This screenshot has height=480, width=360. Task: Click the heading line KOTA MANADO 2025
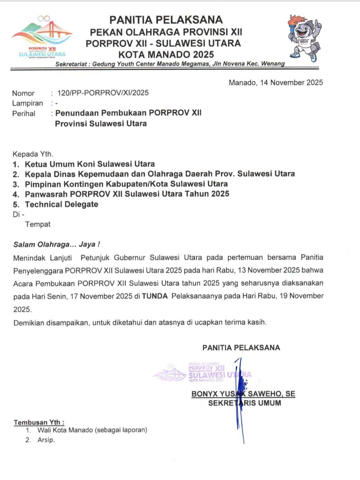pyautogui.click(x=166, y=54)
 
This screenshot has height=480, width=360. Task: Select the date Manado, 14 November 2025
pyautogui.click(x=275, y=83)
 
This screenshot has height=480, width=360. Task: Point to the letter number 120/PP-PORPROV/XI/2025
pyautogui.click(x=103, y=93)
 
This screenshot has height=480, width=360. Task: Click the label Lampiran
pyautogui.click(x=27, y=103)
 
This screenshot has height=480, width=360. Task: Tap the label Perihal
pyautogui.click(x=24, y=113)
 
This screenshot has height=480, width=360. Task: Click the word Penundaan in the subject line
pyautogui.click(x=77, y=113)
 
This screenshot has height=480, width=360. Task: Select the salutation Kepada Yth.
pyautogui.click(x=33, y=154)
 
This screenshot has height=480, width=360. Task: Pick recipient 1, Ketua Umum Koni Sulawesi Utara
pyautogui.click(x=90, y=164)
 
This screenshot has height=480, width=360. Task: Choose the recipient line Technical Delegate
pyautogui.click(x=61, y=204)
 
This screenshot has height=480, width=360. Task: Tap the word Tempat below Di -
pyautogui.click(x=38, y=224)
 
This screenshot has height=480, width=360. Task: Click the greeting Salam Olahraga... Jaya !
pyautogui.click(x=56, y=244)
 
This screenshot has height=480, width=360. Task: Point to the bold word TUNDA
pyautogui.click(x=155, y=296)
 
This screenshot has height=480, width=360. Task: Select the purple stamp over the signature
pyautogui.click(x=203, y=372)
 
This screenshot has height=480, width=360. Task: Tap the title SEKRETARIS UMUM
pyautogui.click(x=244, y=403)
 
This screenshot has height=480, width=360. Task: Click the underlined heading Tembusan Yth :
pyautogui.click(x=39, y=422)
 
